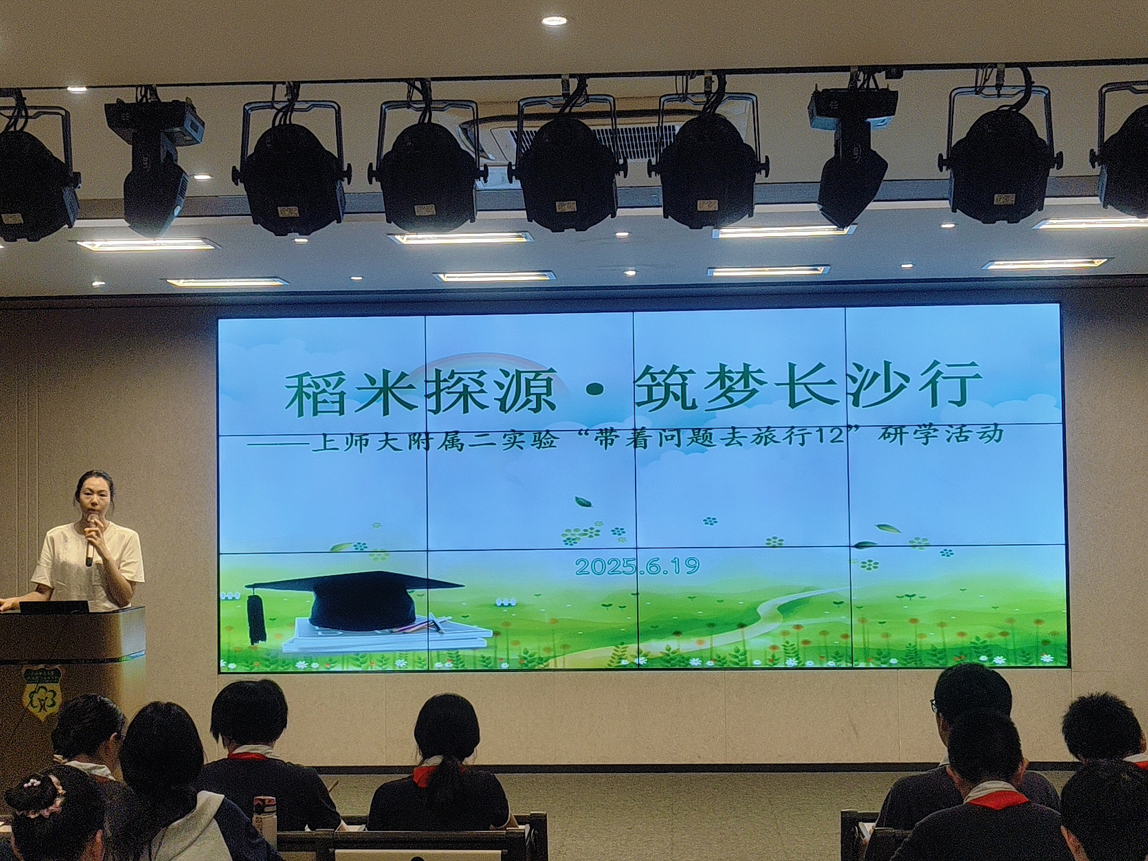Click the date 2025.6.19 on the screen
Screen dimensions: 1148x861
pos(637,566)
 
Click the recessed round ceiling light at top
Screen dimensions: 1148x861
pos(554,21)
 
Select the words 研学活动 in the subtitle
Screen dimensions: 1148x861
pos(940,434)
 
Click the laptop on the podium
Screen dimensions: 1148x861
pos(54,607)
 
